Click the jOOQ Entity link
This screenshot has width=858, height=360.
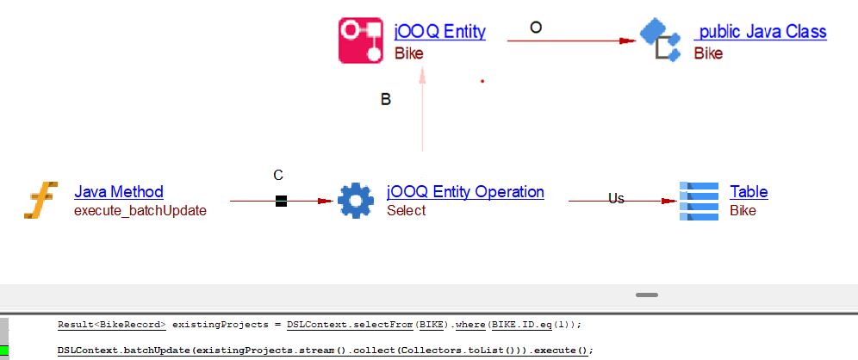[439, 32]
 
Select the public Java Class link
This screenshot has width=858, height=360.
[761, 32]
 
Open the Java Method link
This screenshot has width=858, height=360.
[119, 191]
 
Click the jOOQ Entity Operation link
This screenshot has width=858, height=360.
[466, 191]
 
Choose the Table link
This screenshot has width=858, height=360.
[749, 191]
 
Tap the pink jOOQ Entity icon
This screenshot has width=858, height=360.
[360, 40]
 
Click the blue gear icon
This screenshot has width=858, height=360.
[355, 200]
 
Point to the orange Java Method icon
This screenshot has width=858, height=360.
[40, 200]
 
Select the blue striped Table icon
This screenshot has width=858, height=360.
[699, 200]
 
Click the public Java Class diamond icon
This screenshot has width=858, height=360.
[661, 39]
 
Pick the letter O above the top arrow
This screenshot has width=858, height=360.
[536, 28]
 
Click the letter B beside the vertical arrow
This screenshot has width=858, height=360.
[386, 100]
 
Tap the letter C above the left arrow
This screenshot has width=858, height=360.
[278, 176]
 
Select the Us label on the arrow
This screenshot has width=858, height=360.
[616, 198]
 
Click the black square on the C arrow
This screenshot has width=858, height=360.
[281, 202]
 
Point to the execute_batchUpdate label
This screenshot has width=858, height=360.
[140, 209]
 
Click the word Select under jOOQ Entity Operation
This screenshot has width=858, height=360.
[407, 210]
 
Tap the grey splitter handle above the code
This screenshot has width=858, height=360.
[647, 295]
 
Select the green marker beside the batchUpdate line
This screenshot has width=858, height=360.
[4, 350]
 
